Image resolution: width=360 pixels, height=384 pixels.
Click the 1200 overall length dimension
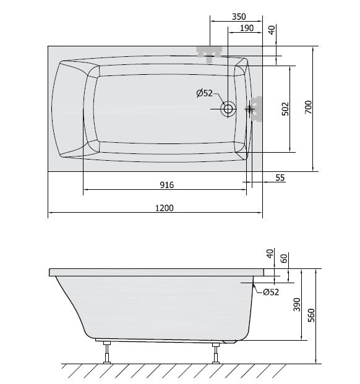click(x=165, y=208)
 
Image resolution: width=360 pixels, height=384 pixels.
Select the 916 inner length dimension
click(x=167, y=185)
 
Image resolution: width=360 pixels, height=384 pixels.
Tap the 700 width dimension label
click(x=308, y=107)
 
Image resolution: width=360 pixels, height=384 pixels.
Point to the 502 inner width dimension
click(x=285, y=109)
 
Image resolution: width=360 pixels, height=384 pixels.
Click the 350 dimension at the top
click(x=239, y=17)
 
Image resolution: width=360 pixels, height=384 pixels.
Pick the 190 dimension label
click(x=247, y=28)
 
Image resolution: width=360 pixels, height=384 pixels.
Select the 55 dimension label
click(x=280, y=177)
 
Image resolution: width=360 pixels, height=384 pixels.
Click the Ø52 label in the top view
click(x=205, y=93)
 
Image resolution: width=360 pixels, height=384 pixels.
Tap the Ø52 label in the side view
click(x=271, y=292)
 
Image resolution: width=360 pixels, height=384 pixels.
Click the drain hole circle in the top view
click(x=228, y=109)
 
